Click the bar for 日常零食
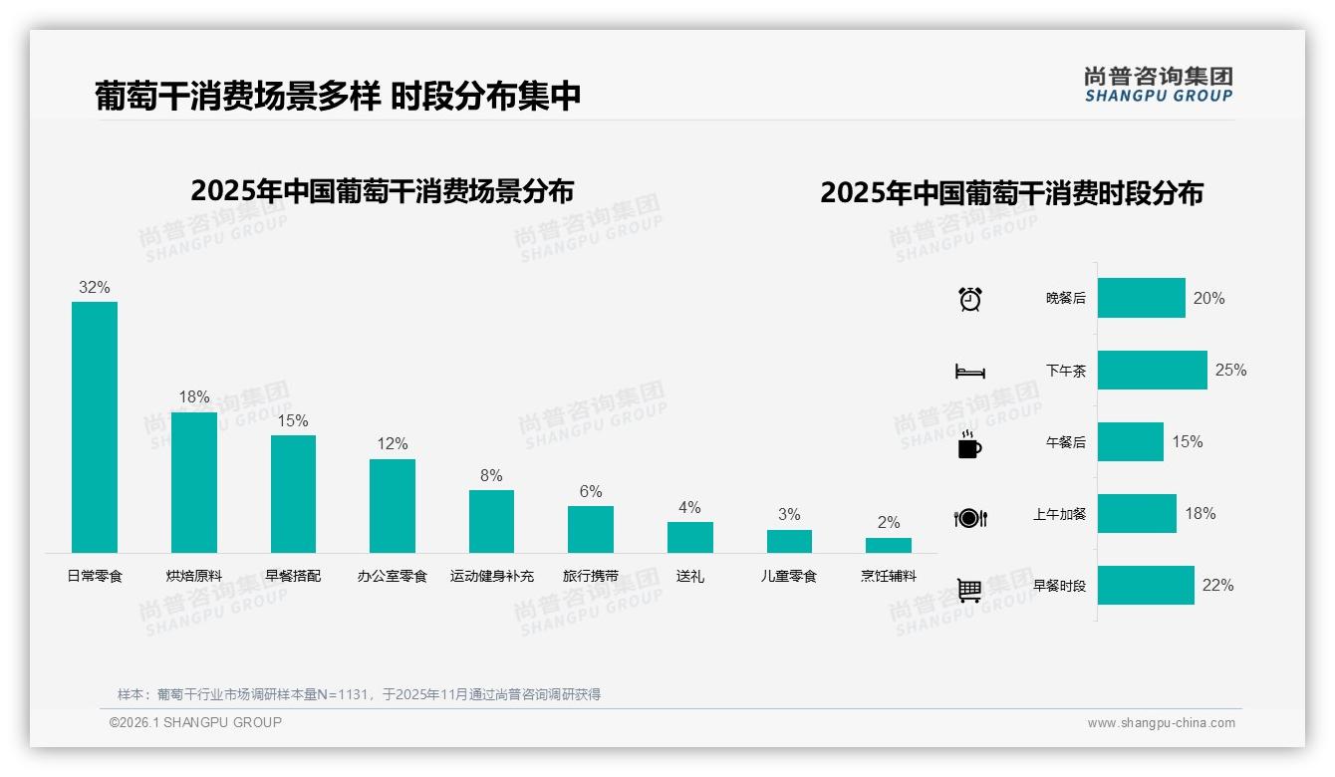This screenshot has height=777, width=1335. click(95, 427)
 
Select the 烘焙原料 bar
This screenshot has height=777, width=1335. click(193, 482)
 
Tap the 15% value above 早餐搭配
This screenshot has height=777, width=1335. click(293, 421)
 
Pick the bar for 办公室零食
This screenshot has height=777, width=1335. click(393, 506)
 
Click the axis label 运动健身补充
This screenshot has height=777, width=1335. click(491, 576)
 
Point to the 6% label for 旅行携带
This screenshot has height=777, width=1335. click(591, 491)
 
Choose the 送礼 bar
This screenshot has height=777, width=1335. click(690, 537)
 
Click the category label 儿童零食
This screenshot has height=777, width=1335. click(789, 576)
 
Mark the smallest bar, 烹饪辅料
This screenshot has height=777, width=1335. click(888, 545)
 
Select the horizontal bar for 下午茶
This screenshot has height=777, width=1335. click(1152, 370)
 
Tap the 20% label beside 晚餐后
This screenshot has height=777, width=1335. click(1208, 298)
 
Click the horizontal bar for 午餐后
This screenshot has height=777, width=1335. click(1130, 441)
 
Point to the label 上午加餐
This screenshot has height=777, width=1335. click(1059, 514)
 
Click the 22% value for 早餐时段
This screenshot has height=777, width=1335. click(1217, 586)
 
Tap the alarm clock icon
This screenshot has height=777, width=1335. click(969, 298)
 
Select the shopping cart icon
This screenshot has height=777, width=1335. click(969, 590)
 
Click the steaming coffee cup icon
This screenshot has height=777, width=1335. click(969, 445)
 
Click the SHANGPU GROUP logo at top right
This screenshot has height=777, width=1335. click(1158, 85)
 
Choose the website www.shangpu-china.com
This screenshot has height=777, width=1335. click(1161, 723)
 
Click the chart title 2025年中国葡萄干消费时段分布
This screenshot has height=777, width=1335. click(1011, 192)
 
